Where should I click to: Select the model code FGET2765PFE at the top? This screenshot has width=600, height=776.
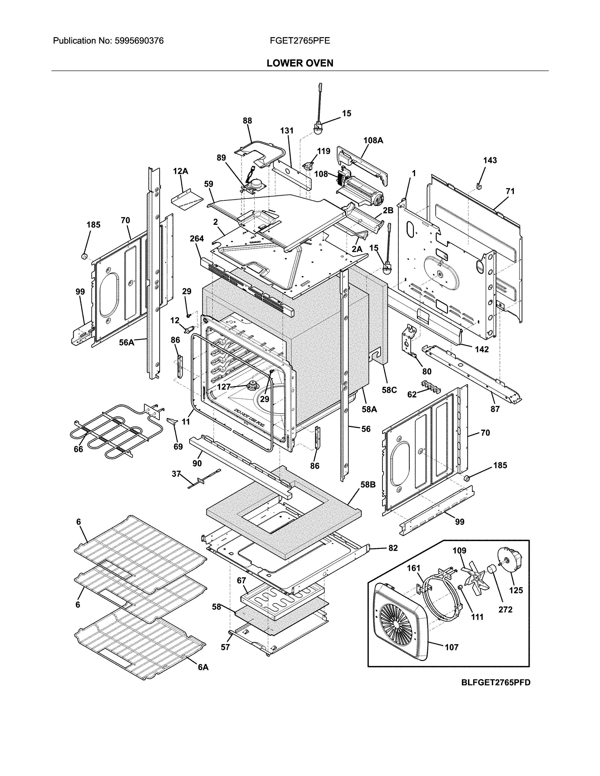pos(300,41)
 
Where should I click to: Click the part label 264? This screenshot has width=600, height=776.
pos(196,238)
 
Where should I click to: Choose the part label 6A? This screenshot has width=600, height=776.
pos(203,667)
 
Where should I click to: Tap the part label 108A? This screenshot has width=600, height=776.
pos(373,140)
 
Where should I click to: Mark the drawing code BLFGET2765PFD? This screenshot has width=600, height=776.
pos(496,682)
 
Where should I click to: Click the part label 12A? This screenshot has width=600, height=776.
pos(180,171)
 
